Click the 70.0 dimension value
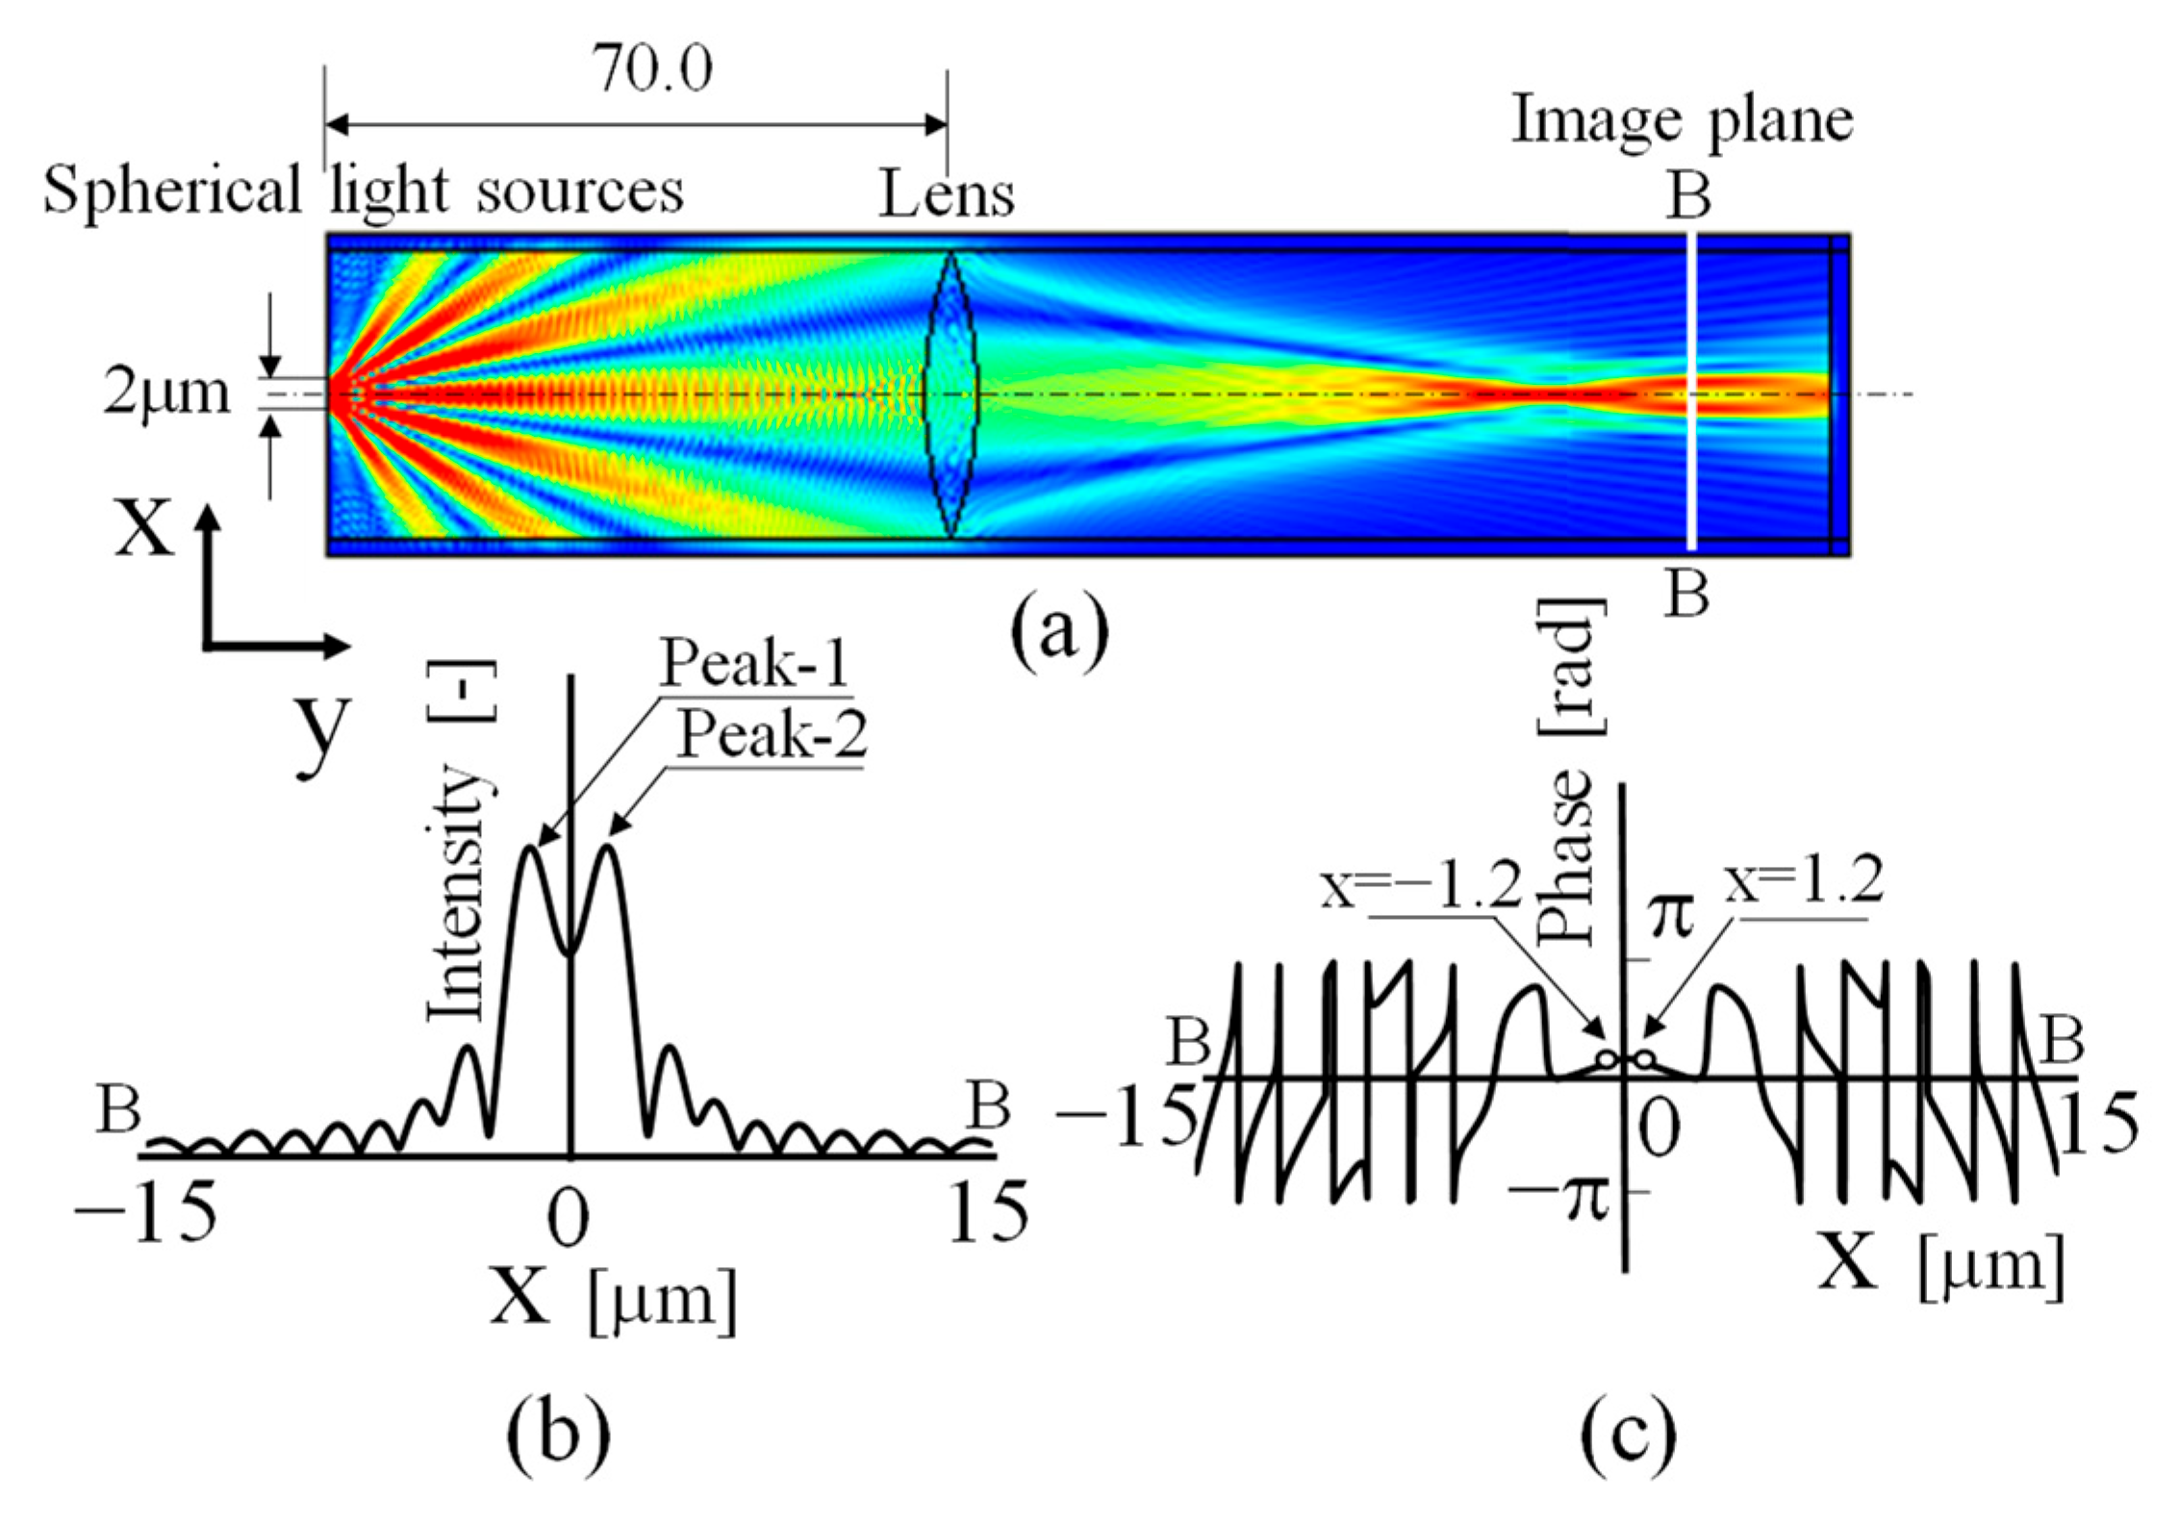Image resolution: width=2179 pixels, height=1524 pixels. [x=652, y=69]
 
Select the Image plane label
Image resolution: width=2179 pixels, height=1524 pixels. [x=1682, y=121]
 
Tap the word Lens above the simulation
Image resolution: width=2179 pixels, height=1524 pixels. [x=947, y=195]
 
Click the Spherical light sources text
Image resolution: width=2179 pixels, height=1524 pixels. [x=364, y=190]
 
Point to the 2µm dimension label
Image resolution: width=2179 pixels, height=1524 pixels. [x=167, y=393]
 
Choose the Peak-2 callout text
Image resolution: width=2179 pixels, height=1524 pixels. [x=773, y=737]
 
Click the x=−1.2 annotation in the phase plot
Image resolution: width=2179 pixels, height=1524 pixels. [x=1422, y=886]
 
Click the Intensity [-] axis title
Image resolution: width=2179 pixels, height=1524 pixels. [x=460, y=840]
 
